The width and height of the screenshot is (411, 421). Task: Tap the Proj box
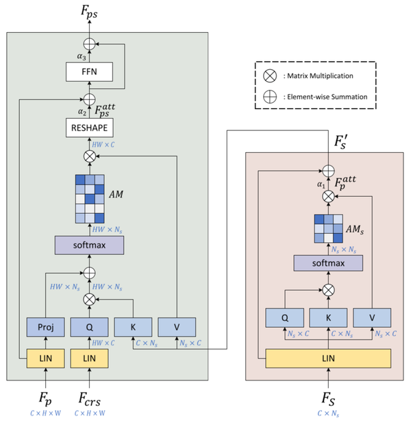tap(45, 327)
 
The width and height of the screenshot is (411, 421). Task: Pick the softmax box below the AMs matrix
tap(328, 263)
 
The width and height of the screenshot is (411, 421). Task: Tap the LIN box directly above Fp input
tap(45, 357)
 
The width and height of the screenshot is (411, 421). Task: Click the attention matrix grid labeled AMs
tap(328, 228)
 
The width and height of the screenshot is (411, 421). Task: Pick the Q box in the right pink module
tap(283, 317)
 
